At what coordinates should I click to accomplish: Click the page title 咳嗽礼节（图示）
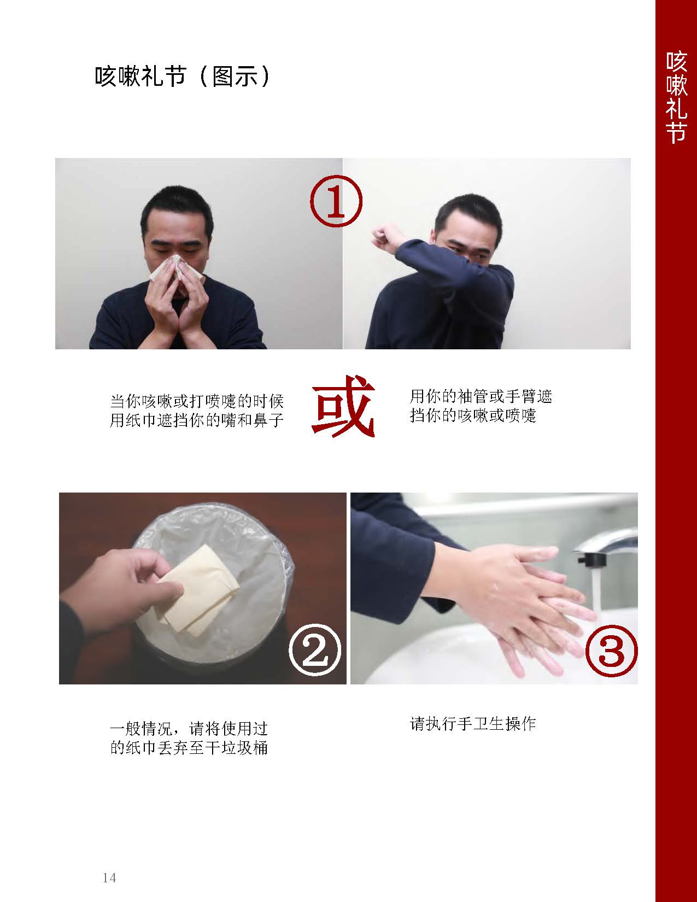[x=183, y=76]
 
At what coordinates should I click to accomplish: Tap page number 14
[x=109, y=878]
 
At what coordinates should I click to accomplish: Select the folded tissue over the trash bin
[x=200, y=590]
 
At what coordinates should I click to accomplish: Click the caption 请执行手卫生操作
[x=472, y=724]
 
